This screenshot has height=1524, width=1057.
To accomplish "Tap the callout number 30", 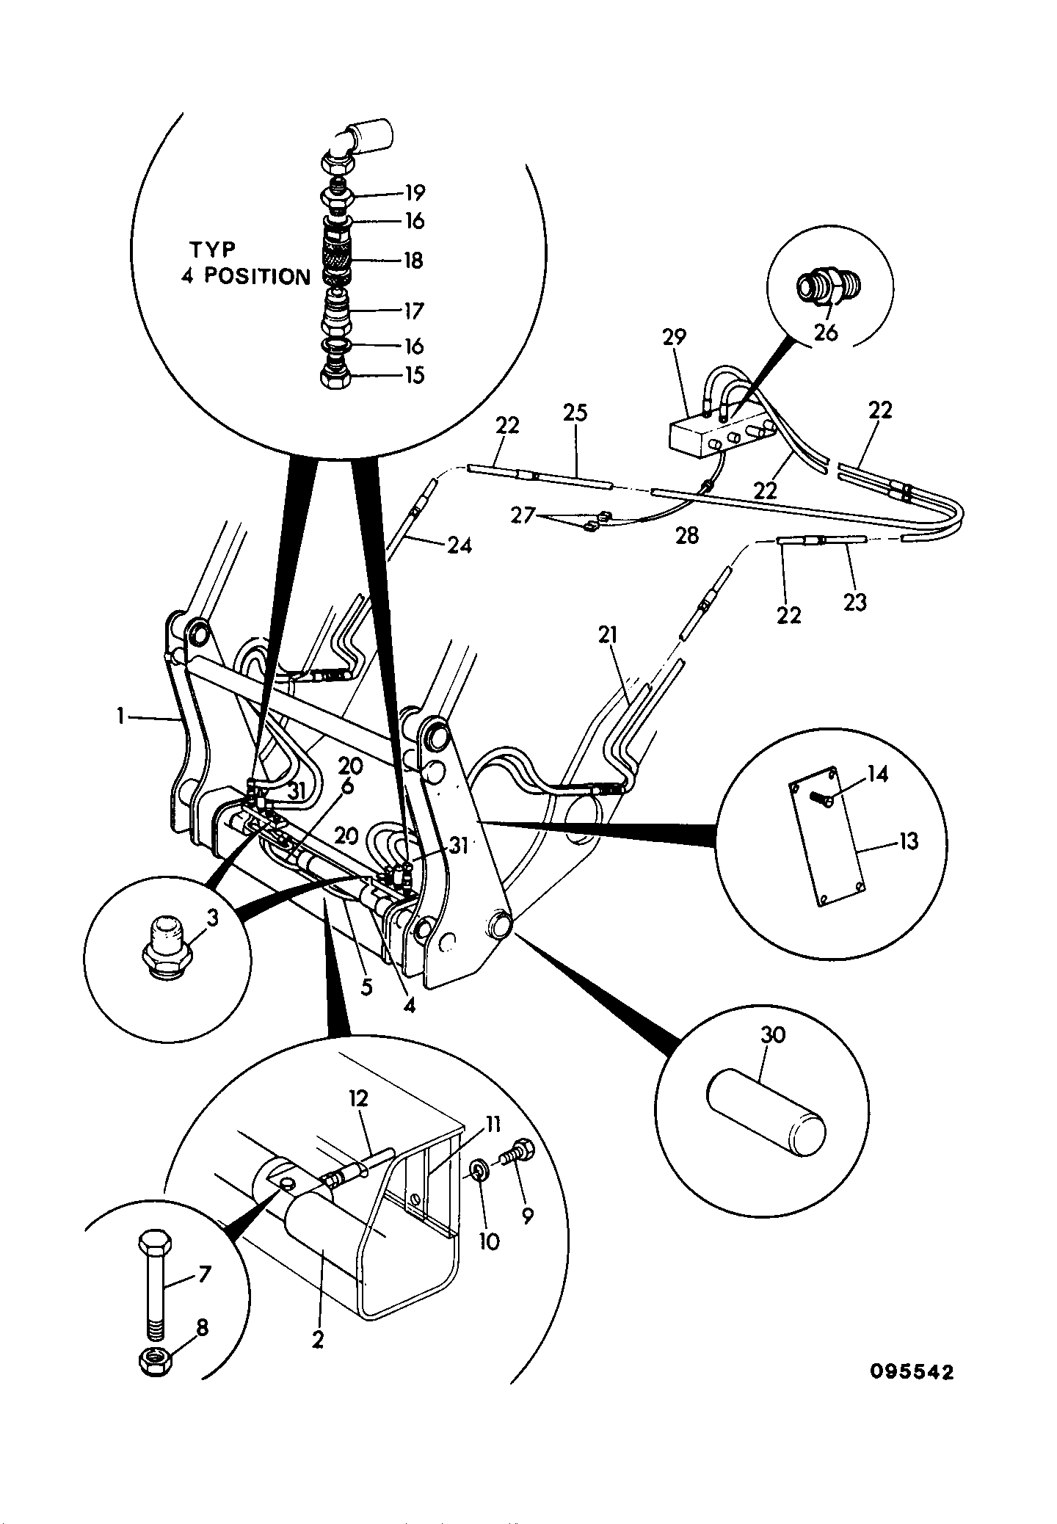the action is [774, 1035].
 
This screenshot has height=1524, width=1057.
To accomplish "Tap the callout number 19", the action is [415, 193].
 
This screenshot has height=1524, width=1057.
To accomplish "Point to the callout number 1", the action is [120, 716].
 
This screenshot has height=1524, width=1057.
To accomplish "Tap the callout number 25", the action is [575, 413].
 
